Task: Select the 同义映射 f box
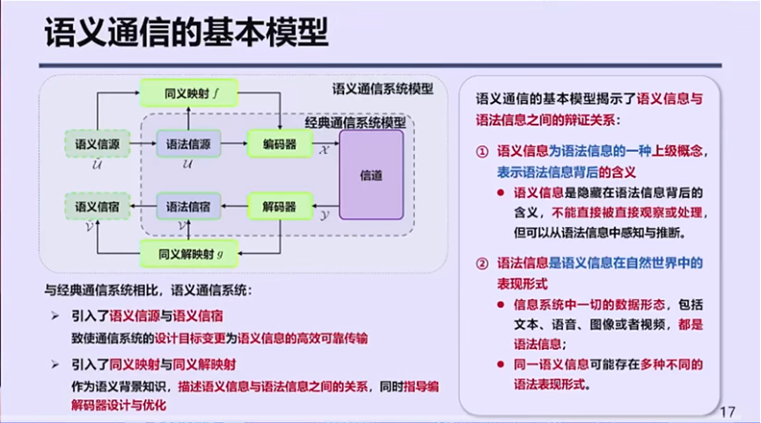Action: pyautogui.click(x=189, y=92)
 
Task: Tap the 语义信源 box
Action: pyautogui.click(x=98, y=142)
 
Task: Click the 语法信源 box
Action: pyautogui.click(x=188, y=142)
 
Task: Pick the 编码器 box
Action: pyautogui.click(x=280, y=142)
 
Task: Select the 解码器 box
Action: pyautogui.click(x=280, y=208)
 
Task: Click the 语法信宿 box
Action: pyautogui.click(x=188, y=208)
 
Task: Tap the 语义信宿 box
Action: pyautogui.click(x=98, y=208)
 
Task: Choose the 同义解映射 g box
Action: pyautogui.click(x=189, y=255)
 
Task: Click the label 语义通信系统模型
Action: pyautogui.click(x=383, y=89)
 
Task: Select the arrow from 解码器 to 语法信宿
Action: pyautogui.click(x=234, y=208)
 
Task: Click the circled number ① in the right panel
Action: pyautogui.click(x=482, y=151)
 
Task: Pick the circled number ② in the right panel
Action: pyautogui.click(x=482, y=263)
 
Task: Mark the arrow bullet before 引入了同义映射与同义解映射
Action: pyautogui.click(x=56, y=364)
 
